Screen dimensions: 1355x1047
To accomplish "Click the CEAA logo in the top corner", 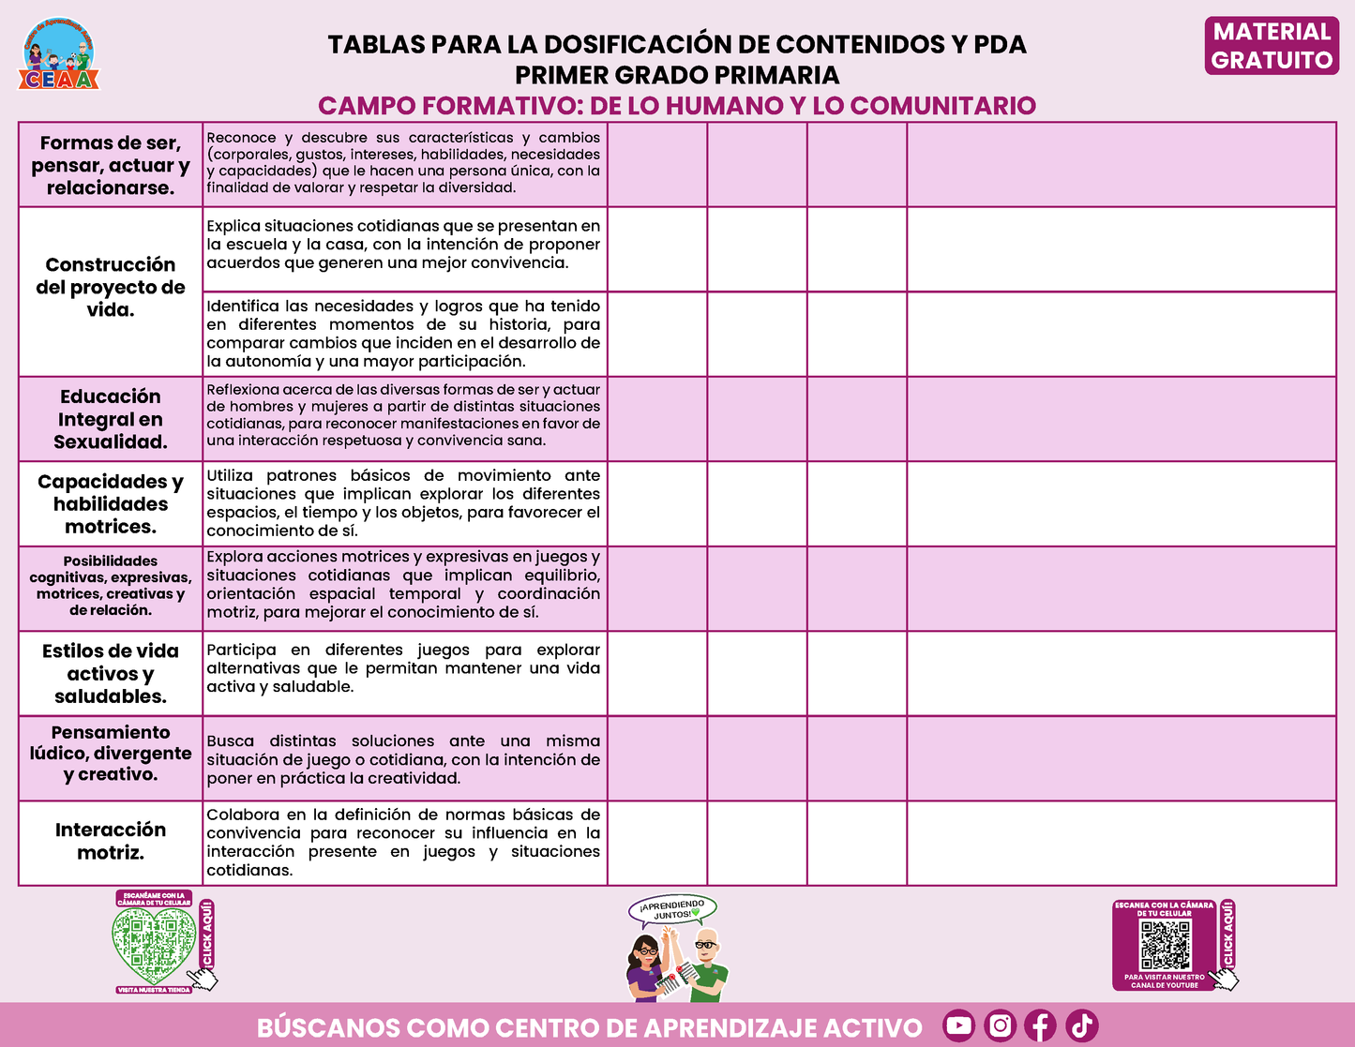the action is pyautogui.click(x=59, y=55).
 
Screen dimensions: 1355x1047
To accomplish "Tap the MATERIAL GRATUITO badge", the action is pyautogui.click(x=1272, y=46).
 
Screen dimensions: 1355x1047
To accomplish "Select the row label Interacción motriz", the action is pyautogui.click(x=111, y=841).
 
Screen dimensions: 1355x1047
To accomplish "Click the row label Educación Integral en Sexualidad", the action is pyautogui.click(x=111, y=419).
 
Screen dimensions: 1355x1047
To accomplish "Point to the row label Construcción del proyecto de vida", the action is pyautogui.click(x=111, y=287).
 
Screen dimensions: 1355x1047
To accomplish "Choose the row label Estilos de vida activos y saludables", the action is pyautogui.click(x=111, y=673).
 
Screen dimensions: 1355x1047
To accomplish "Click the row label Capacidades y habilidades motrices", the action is pyautogui.click(x=111, y=503).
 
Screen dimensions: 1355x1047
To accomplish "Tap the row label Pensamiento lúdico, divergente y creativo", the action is pyautogui.click(x=111, y=753).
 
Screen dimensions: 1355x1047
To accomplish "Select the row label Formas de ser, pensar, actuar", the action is pyautogui.click(x=111, y=165).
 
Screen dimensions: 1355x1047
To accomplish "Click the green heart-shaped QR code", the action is pyautogui.click(x=152, y=943).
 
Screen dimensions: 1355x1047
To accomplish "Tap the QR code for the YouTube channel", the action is pyautogui.click(x=1165, y=945).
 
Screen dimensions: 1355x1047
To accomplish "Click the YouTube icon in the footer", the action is pyautogui.click(x=958, y=1025).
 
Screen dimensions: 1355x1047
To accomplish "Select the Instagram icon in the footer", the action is pyautogui.click(x=1001, y=1025).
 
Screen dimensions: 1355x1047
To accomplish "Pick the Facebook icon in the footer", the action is pyautogui.click(x=1040, y=1025).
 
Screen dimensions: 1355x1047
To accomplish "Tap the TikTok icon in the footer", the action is pyautogui.click(x=1081, y=1025).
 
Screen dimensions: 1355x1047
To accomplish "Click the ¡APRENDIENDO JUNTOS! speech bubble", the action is pyautogui.click(x=673, y=909).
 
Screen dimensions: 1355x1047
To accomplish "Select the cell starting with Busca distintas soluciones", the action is pyautogui.click(x=403, y=759).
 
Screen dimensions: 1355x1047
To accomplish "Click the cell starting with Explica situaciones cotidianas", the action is pyautogui.click(x=403, y=245).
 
